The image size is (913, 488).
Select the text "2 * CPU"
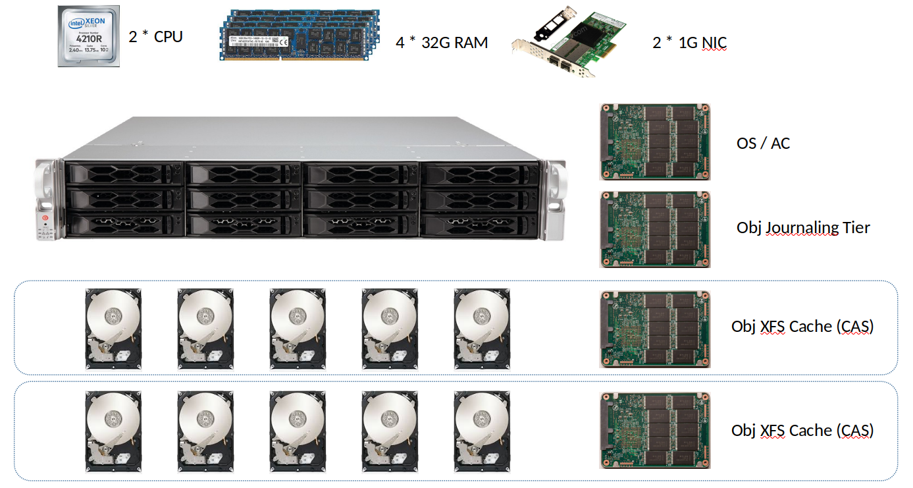[155, 36]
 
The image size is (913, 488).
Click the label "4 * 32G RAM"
[442, 43]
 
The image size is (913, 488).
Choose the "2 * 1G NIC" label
[689, 43]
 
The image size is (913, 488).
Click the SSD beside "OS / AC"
[655, 142]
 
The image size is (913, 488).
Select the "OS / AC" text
[763, 143]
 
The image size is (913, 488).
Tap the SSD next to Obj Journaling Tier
[655, 229]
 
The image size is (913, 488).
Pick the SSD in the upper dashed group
[655, 329]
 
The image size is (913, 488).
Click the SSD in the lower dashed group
[655, 430]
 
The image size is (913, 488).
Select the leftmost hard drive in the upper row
[113, 328]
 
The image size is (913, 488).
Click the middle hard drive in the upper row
[298, 328]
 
